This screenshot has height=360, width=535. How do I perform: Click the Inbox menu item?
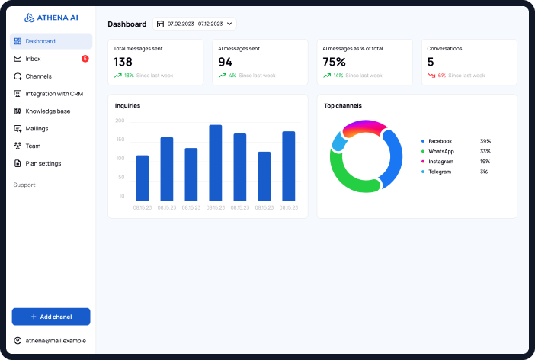click(x=33, y=59)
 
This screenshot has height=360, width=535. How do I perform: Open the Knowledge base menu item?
click(x=47, y=111)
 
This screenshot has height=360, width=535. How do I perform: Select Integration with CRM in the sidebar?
click(x=53, y=94)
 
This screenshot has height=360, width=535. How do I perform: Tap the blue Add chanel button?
click(x=51, y=317)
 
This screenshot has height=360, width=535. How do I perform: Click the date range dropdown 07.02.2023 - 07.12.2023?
click(x=194, y=24)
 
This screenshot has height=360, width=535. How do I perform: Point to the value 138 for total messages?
click(x=123, y=62)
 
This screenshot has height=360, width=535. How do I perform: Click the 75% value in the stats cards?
click(x=335, y=62)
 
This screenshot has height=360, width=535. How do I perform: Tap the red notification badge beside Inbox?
click(x=85, y=59)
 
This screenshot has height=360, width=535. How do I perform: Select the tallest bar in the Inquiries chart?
click(x=215, y=162)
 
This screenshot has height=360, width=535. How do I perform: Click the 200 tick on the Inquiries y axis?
click(x=120, y=121)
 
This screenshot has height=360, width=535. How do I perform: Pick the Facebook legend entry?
click(x=440, y=141)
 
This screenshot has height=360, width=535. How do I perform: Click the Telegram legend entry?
click(x=439, y=172)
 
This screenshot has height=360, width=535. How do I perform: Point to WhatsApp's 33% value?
click(x=485, y=151)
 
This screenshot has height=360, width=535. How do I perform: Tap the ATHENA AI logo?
click(x=51, y=18)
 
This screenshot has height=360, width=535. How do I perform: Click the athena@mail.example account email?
click(x=56, y=341)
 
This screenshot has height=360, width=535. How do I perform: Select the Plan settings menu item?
click(x=43, y=163)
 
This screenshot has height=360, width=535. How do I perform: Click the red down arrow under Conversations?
click(x=431, y=76)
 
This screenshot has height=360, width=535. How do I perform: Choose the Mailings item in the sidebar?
click(x=37, y=129)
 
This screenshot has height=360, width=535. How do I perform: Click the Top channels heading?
click(x=343, y=105)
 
